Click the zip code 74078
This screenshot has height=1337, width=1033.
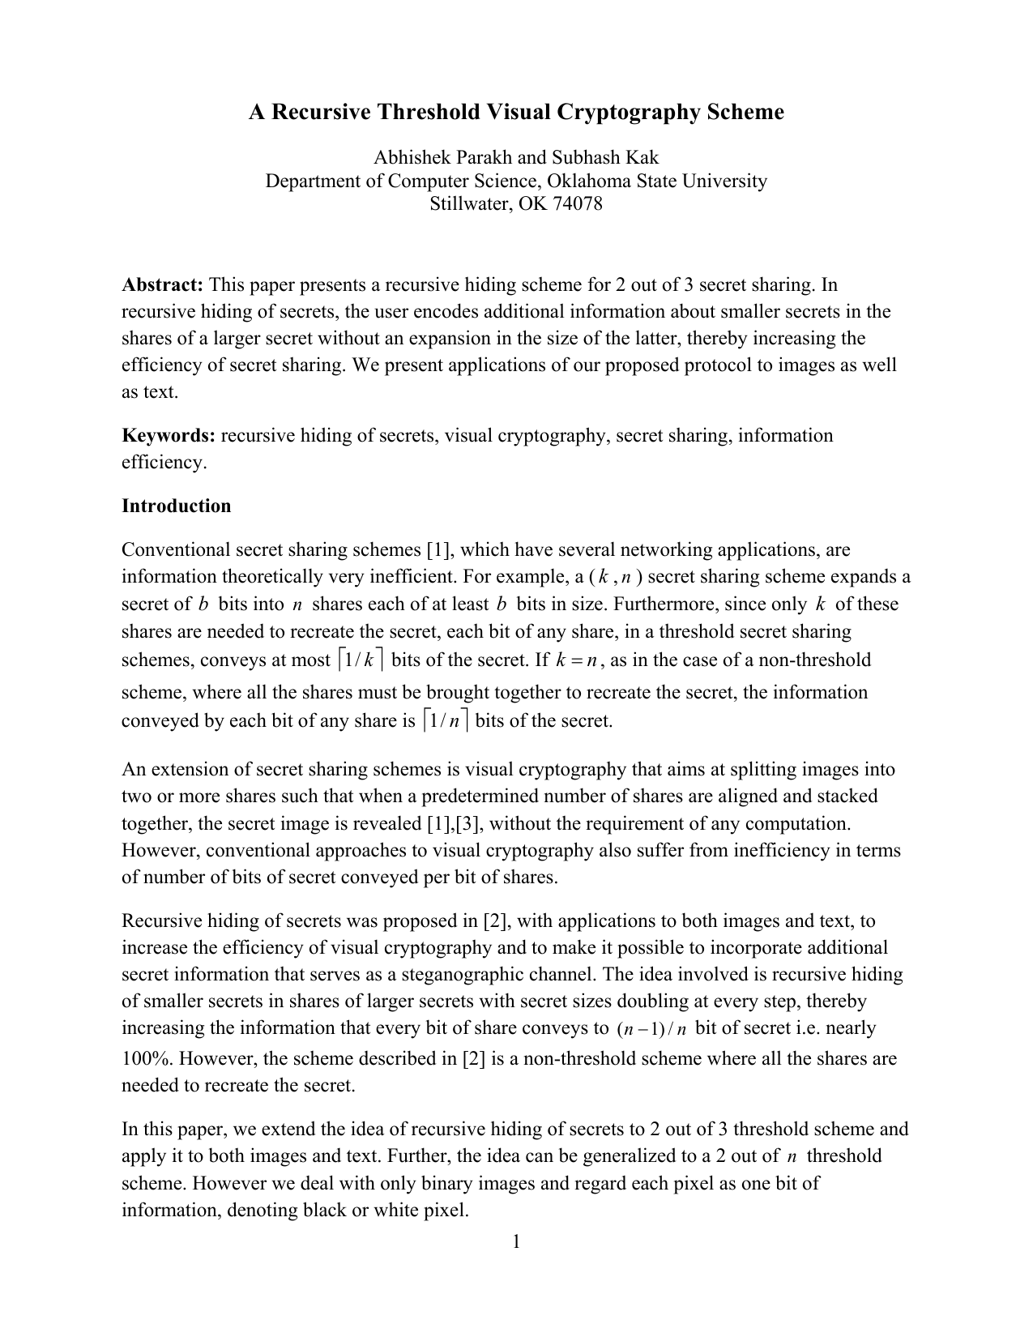(578, 203)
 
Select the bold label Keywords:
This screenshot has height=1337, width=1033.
(168, 435)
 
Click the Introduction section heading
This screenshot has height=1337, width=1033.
(176, 506)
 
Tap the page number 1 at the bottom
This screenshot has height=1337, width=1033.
(516, 1241)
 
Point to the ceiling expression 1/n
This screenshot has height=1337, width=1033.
(446, 720)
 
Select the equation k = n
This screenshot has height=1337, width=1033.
(576, 660)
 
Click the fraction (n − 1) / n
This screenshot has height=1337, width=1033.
(651, 1029)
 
